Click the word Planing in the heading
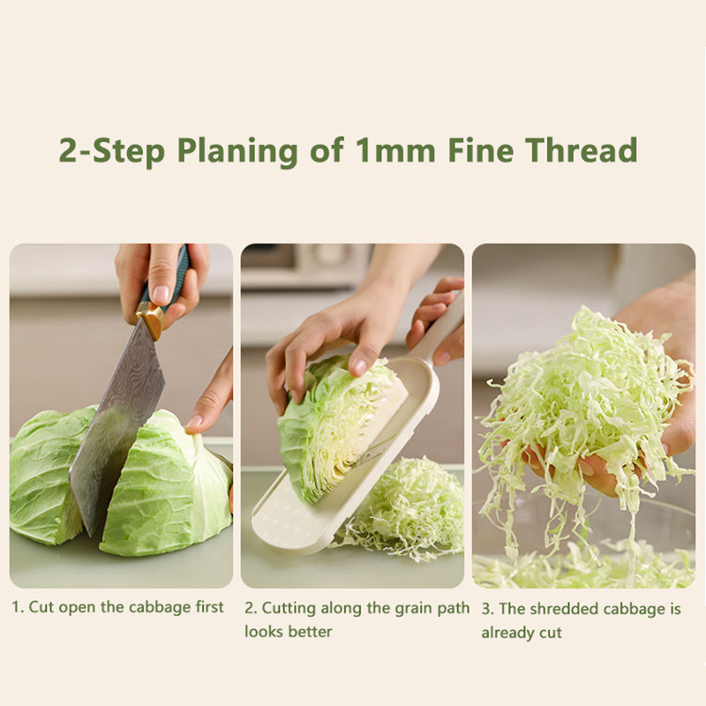click(237, 151)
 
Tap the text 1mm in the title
click(395, 150)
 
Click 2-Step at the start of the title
click(112, 151)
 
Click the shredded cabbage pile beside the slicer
click(405, 509)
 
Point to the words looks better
click(289, 631)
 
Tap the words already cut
click(522, 633)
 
